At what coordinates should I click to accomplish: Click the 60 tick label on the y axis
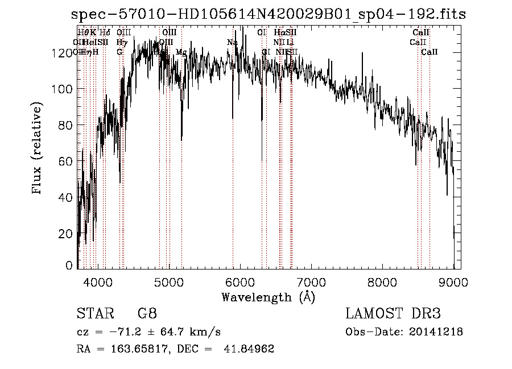[x=67, y=161]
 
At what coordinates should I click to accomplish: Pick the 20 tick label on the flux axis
[x=67, y=233]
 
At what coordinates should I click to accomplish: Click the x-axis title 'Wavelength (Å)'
[x=268, y=297]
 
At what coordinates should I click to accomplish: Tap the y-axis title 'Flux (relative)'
[x=38, y=150]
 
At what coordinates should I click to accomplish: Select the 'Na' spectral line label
[x=232, y=43]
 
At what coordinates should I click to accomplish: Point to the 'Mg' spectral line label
[x=181, y=52]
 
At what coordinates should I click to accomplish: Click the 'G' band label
[x=119, y=52]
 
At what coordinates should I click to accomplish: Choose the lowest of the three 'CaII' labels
[x=430, y=52]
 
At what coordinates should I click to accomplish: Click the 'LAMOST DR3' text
[x=393, y=313]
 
